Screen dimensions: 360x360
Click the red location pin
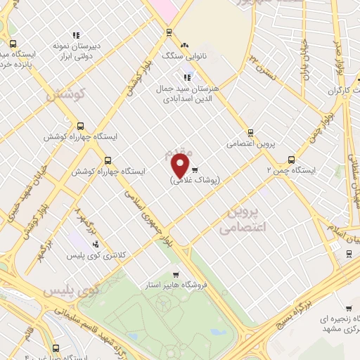[x=181, y=166]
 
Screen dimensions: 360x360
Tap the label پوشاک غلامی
[x=195, y=180]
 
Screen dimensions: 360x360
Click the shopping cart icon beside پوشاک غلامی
[x=195, y=169]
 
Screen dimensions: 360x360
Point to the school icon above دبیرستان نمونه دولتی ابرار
[x=76, y=34]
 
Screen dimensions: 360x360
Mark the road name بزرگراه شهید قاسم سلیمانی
[x=120, y=330]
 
